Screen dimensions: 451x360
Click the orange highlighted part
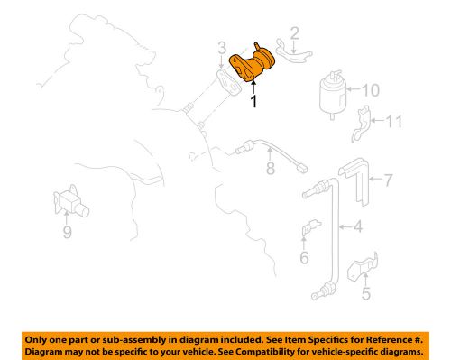[252, 64]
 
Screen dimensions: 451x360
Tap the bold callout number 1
[254, 101]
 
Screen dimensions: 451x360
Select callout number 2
[295, 33]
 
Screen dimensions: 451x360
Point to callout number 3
[222, 48]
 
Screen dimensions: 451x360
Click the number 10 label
[370, 90]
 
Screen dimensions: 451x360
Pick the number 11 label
[393, 121]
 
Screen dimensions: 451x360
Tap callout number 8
[271, 168]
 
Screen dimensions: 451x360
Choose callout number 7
[389, 180]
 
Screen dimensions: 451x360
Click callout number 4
[358, 226]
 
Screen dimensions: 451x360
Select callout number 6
[304, 257]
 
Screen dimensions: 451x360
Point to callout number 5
[366, 293]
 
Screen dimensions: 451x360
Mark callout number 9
[68, 232]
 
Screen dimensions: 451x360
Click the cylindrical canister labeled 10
[333, 94]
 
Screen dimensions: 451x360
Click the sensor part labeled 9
[70, 202]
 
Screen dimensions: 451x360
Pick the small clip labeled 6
[310, 227]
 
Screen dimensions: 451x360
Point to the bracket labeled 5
[363, 267]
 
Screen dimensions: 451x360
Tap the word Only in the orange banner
[35, 340]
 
